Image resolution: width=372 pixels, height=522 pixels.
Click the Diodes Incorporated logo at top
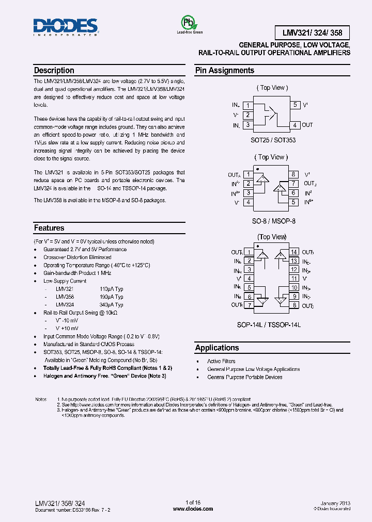(x=65, y=27)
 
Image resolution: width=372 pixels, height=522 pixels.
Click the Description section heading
(x=54, y=71)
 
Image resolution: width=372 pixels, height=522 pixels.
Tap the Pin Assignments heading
(x=224, y=71)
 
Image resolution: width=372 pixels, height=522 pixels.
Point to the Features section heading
(x=49, y=228)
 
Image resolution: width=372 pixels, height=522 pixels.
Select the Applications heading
(x=217, y=348)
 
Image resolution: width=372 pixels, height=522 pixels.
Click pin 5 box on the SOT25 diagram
(x=295, y=105)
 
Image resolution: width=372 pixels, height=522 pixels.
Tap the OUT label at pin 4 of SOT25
(x=307, y=125)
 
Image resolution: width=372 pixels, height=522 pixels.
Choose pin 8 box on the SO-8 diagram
(x=293, y=175)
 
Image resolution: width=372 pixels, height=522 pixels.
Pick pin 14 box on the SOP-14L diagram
(x=294, y=252)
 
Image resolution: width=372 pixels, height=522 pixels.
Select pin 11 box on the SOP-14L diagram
(x=294, y=279)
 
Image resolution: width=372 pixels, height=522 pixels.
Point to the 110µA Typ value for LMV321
(x=111, y=289)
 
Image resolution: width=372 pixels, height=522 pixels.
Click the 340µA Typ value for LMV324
(x=111, y=305)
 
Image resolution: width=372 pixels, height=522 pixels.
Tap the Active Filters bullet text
(x=221, y=362)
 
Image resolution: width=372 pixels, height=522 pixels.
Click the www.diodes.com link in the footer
(x=193, y=509)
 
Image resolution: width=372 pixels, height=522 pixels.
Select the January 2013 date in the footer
(x=335, y=502)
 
